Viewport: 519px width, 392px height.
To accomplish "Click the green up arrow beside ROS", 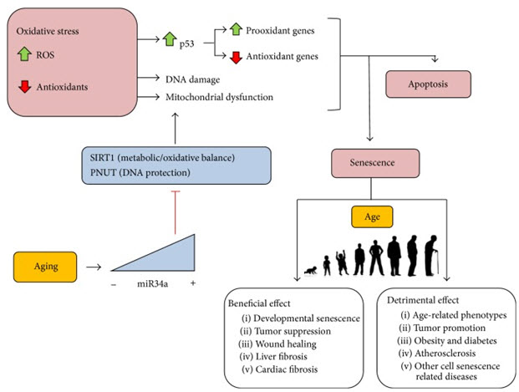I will tap(24, 54).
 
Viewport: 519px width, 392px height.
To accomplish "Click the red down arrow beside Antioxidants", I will tap(24, 85).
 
